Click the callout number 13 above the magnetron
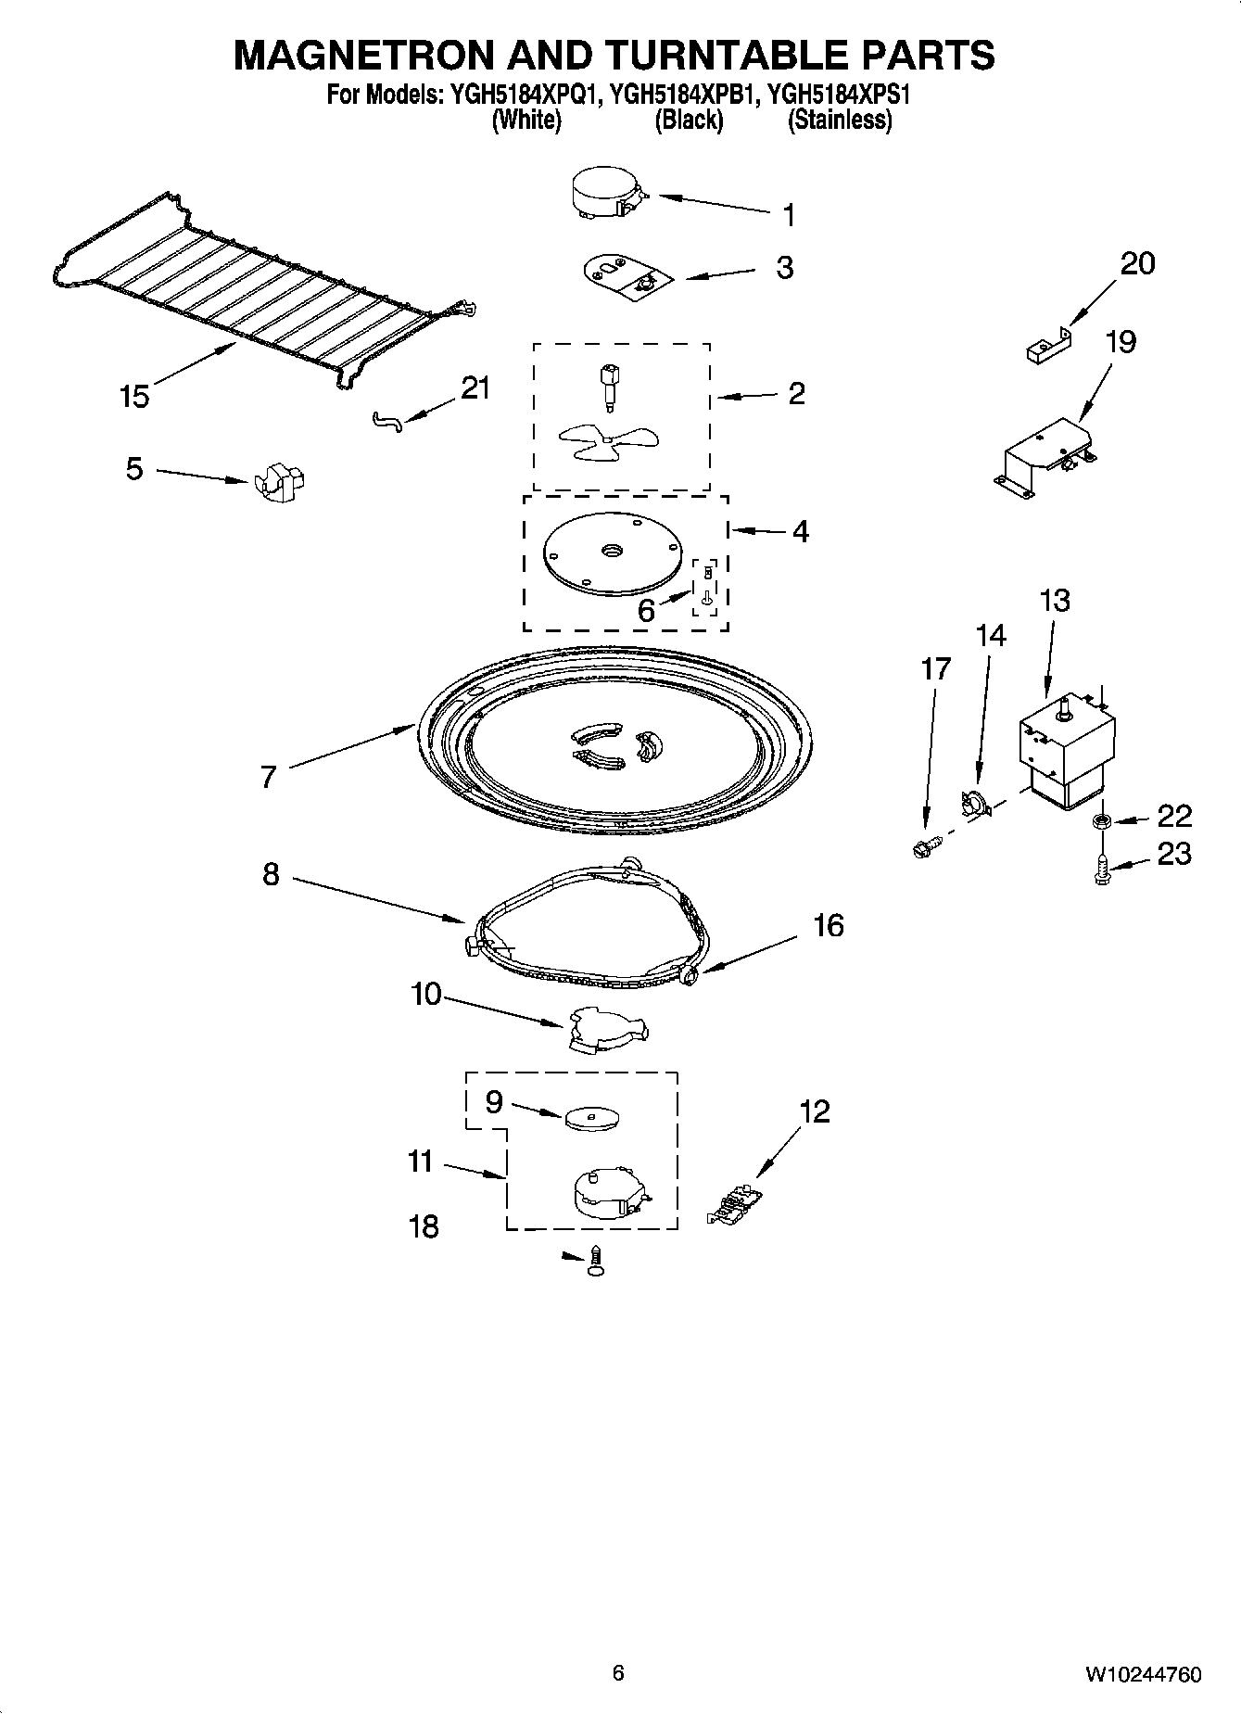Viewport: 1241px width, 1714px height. [x=1055, y=601]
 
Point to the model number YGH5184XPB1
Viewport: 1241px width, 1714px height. [x=689, y=94]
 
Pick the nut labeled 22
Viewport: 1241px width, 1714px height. [x=1102, y=820]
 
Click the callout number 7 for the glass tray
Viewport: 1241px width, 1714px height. [x=269, y=777]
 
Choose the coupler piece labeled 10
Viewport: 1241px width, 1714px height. [x=604, y=1031]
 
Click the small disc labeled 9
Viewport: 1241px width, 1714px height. [x=591, y=1117]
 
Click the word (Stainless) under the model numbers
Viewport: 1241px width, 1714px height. [x=839, y=121]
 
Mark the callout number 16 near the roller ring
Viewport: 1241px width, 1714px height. [x=829, y=925]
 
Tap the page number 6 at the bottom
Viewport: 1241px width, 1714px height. [x=618, y=1672]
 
